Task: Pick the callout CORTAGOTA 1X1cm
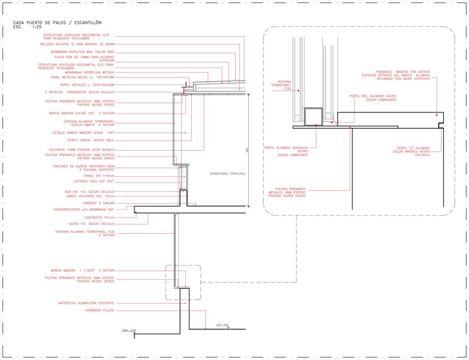100,217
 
